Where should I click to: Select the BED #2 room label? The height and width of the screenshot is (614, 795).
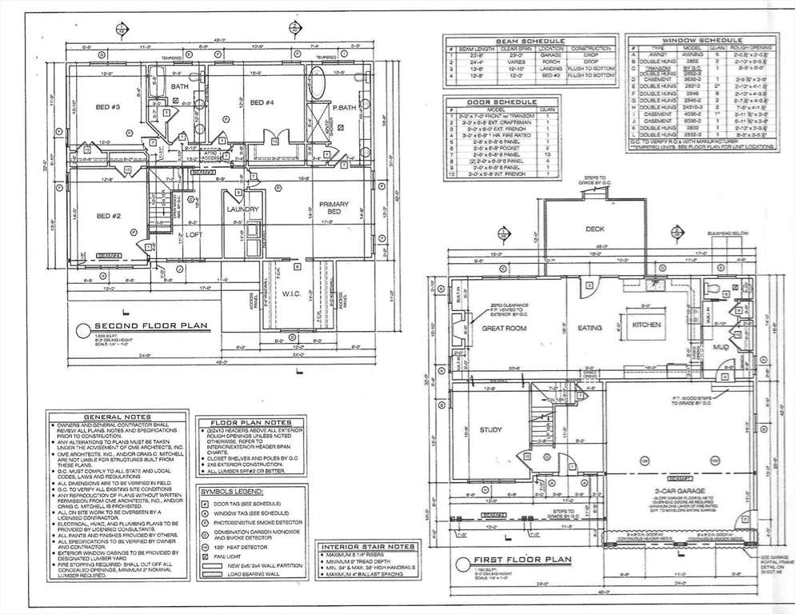click(108, 216)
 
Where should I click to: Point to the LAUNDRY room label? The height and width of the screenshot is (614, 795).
click(242, 209)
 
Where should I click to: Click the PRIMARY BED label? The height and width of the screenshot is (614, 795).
click(334, 209)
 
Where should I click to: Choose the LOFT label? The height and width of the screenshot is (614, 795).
click(194, 235)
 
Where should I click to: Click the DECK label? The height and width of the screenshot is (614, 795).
click(594, 229)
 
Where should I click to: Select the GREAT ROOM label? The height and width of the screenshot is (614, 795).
click(502, 328)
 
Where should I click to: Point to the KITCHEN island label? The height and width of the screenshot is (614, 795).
click(646, 325)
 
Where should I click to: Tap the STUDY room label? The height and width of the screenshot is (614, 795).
click(490, 429)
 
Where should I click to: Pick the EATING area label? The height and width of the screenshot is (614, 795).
click(589, 328)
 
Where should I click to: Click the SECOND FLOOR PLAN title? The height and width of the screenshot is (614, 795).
click(151, 326)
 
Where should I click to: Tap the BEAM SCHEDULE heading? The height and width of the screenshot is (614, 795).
click(530, 41)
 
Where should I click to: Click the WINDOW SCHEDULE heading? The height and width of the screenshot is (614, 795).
click(701, 39)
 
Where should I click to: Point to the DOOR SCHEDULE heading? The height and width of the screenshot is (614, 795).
click(501, 102)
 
